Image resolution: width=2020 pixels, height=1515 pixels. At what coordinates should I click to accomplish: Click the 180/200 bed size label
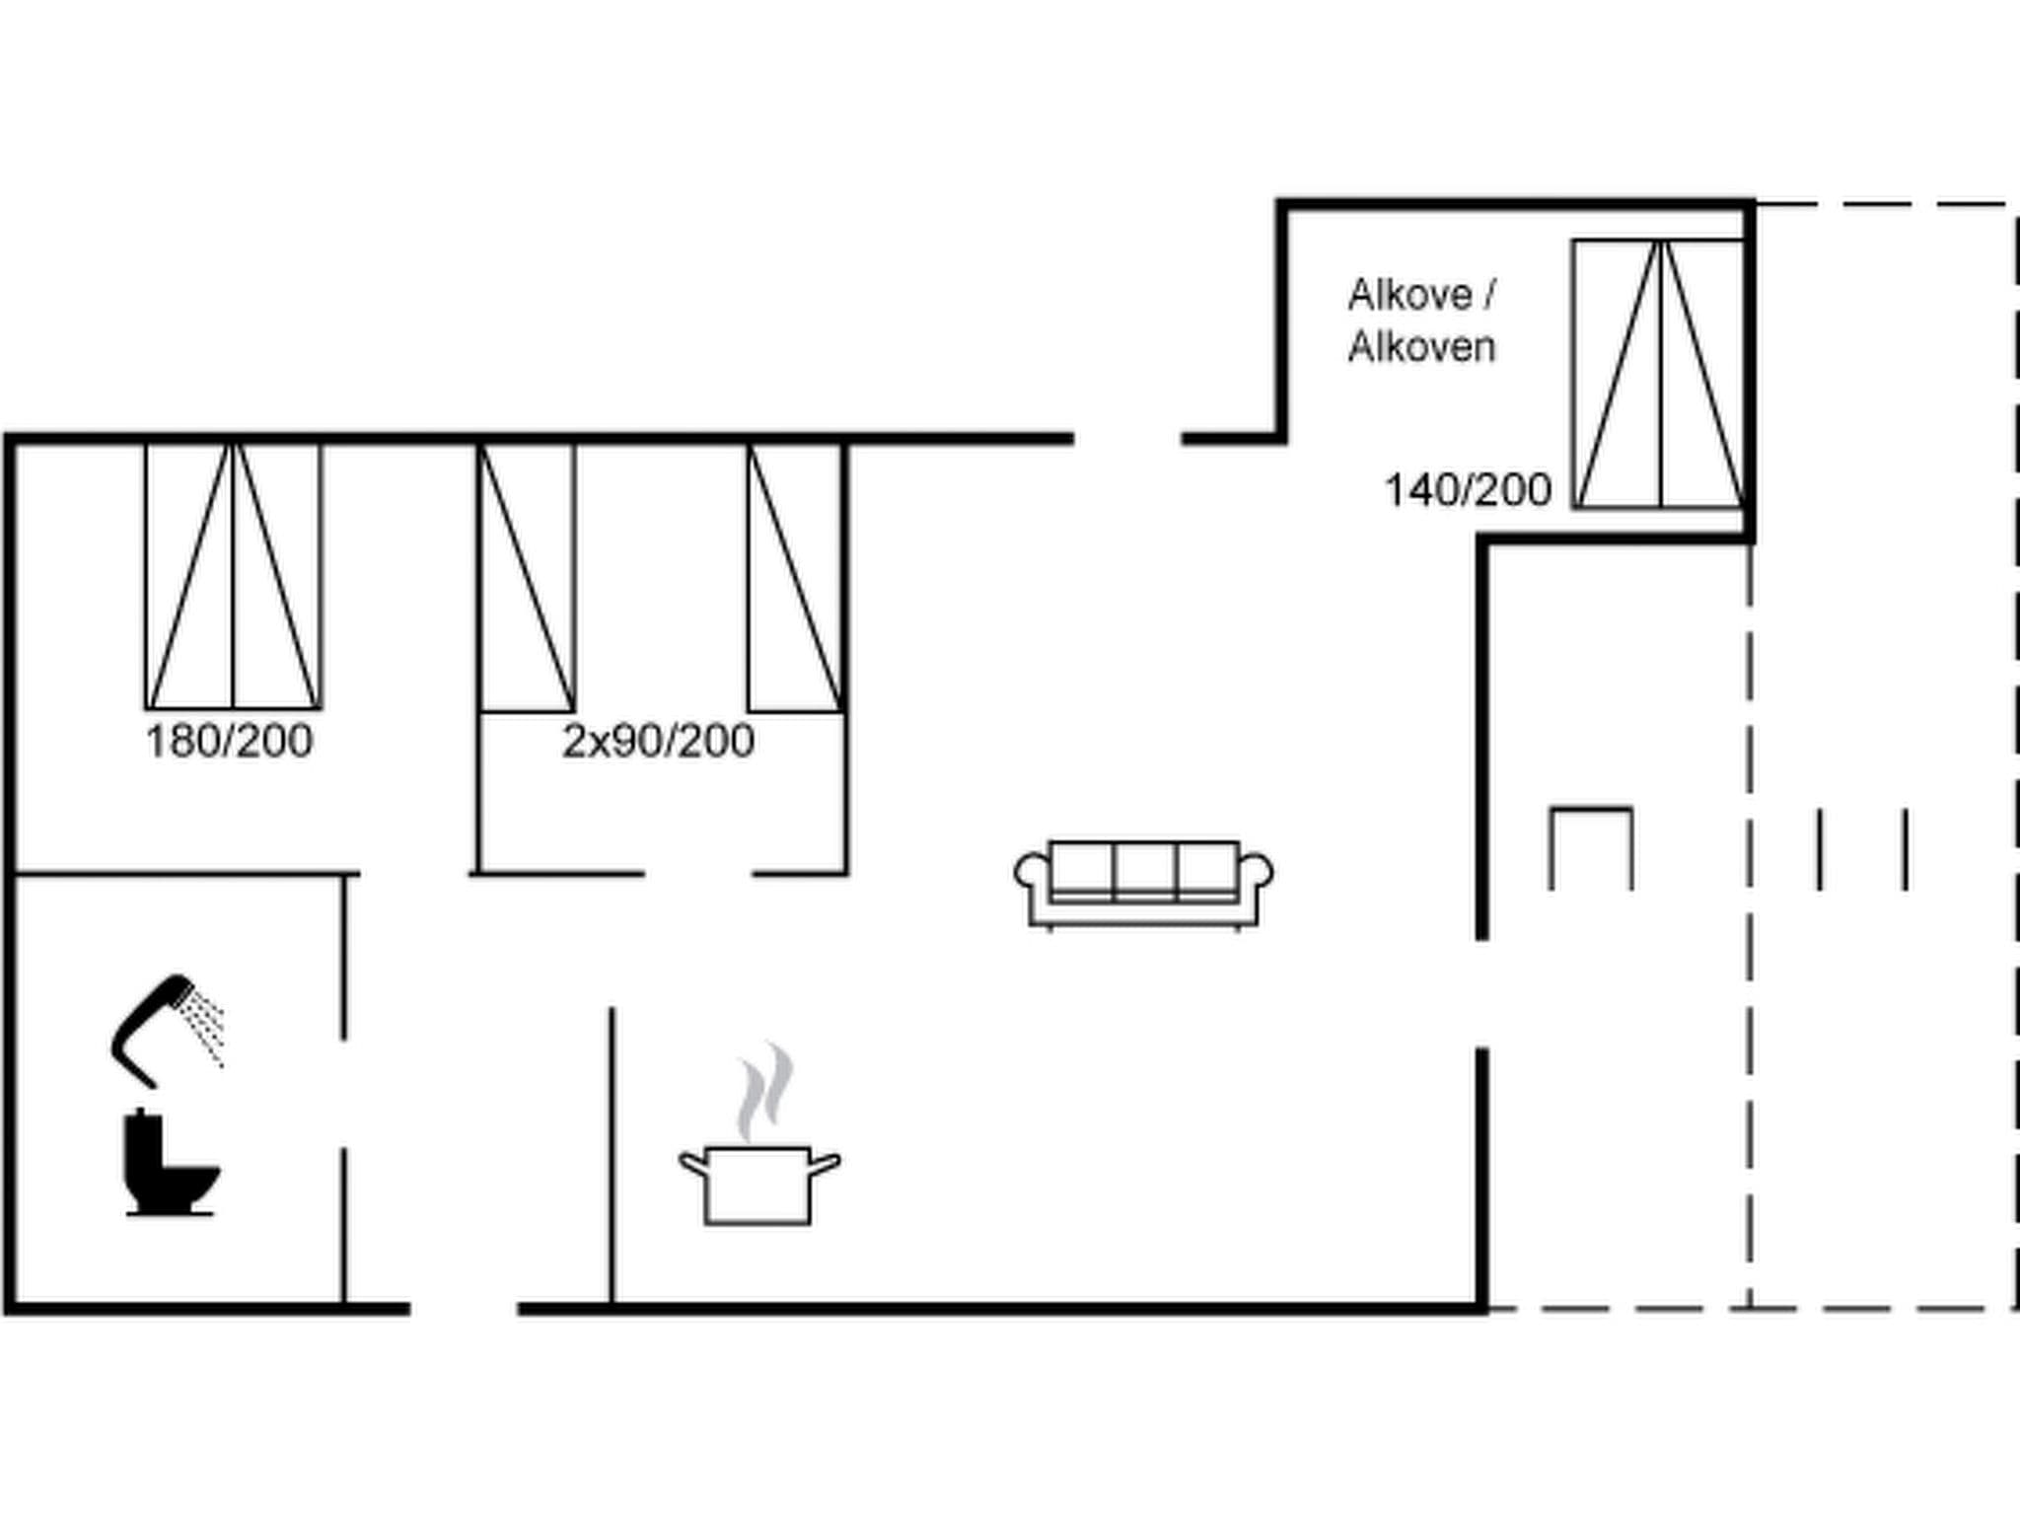(229, 741)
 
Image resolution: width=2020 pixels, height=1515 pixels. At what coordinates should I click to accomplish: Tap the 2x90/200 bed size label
(658, 741)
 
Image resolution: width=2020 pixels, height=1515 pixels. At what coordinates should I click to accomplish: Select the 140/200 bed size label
(1468, 490)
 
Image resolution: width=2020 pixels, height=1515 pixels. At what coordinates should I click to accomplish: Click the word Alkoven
(1421, 347)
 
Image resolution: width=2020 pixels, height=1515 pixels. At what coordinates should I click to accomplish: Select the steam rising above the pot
(765, 1090)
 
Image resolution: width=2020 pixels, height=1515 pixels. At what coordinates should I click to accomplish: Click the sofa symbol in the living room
(1144, 884)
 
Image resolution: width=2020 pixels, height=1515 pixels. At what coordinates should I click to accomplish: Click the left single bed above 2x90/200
(527, 577)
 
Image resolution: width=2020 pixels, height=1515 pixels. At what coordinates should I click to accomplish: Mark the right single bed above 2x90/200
(795, 577)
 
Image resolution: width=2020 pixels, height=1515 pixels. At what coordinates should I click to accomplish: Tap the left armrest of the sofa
(1030, 872)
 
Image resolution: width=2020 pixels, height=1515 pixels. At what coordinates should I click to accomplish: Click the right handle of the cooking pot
(826, 1165)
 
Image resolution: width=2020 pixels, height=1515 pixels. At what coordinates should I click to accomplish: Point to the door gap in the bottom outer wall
(464, 1309)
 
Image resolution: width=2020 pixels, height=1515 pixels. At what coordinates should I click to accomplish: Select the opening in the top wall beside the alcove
(1127, 438)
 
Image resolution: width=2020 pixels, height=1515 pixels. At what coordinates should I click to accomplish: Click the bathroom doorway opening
(344, 1093)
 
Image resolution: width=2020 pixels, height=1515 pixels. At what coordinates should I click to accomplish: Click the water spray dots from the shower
(208, 1026)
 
